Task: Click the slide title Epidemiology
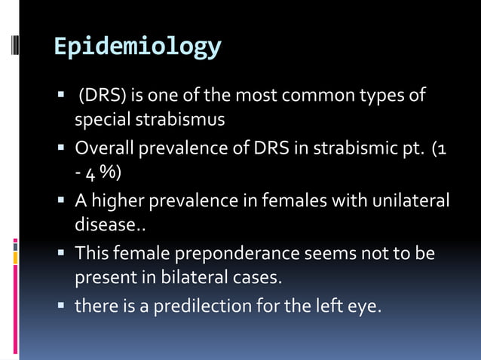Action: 138,47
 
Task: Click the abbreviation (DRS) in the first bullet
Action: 101,96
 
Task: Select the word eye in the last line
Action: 363,307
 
